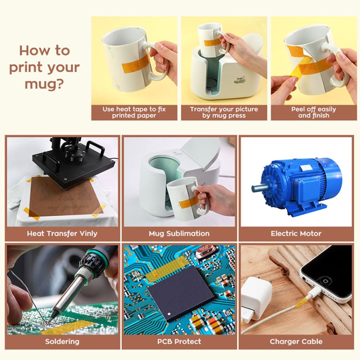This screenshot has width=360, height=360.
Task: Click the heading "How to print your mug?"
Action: pyautogui.click(x=44, y=68)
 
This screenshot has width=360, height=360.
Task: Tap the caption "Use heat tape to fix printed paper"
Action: pyautogui.click(x=134, y=112)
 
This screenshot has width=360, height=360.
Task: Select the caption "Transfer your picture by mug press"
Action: pyautogui.click(x=224, y=112)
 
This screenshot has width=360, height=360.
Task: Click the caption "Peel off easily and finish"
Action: pyautogui.click(x=313, y=112)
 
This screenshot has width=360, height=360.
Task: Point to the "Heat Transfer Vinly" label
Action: pyautogui.click(x=62, y=234)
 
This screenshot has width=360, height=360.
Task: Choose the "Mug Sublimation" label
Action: pyautogui.click(x=179, y=234)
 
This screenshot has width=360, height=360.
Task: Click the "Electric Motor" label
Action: pyautogui.click(x=296, y=234)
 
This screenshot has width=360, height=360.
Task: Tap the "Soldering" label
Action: pyautogui.click(x=62, y=342)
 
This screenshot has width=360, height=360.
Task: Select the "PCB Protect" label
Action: pyautogui.click(x=179, y=342)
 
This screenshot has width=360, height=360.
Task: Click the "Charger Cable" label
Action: pyautogui.click(x=296, y=342)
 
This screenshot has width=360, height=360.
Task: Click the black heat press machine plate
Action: pyautogui.click(x=72, y=166)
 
